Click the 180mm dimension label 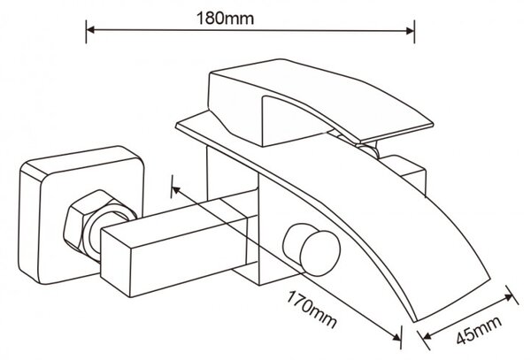pyautogui.click(x=225, y=19)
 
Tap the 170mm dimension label pyautogui.click(x=312, y=310)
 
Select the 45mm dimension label pyautogui.click(x=479, y=330)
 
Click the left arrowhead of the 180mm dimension pyautogui.click(x=90, y=30)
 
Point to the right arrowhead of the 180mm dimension pyautogui.click(x=410, y=31)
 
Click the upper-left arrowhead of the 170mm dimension pyautogui.click(x=176, y=190)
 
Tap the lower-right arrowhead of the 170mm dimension pyautogui.click(x=396, y=335)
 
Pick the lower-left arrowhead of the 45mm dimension pyautogui.click(x=427, y=335)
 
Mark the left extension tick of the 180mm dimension pyautogui.click(x=86, y=32)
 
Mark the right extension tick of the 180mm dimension pyautogui.click(x=414, y=32)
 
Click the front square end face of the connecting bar pyautogui.click(x=116, y=263)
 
